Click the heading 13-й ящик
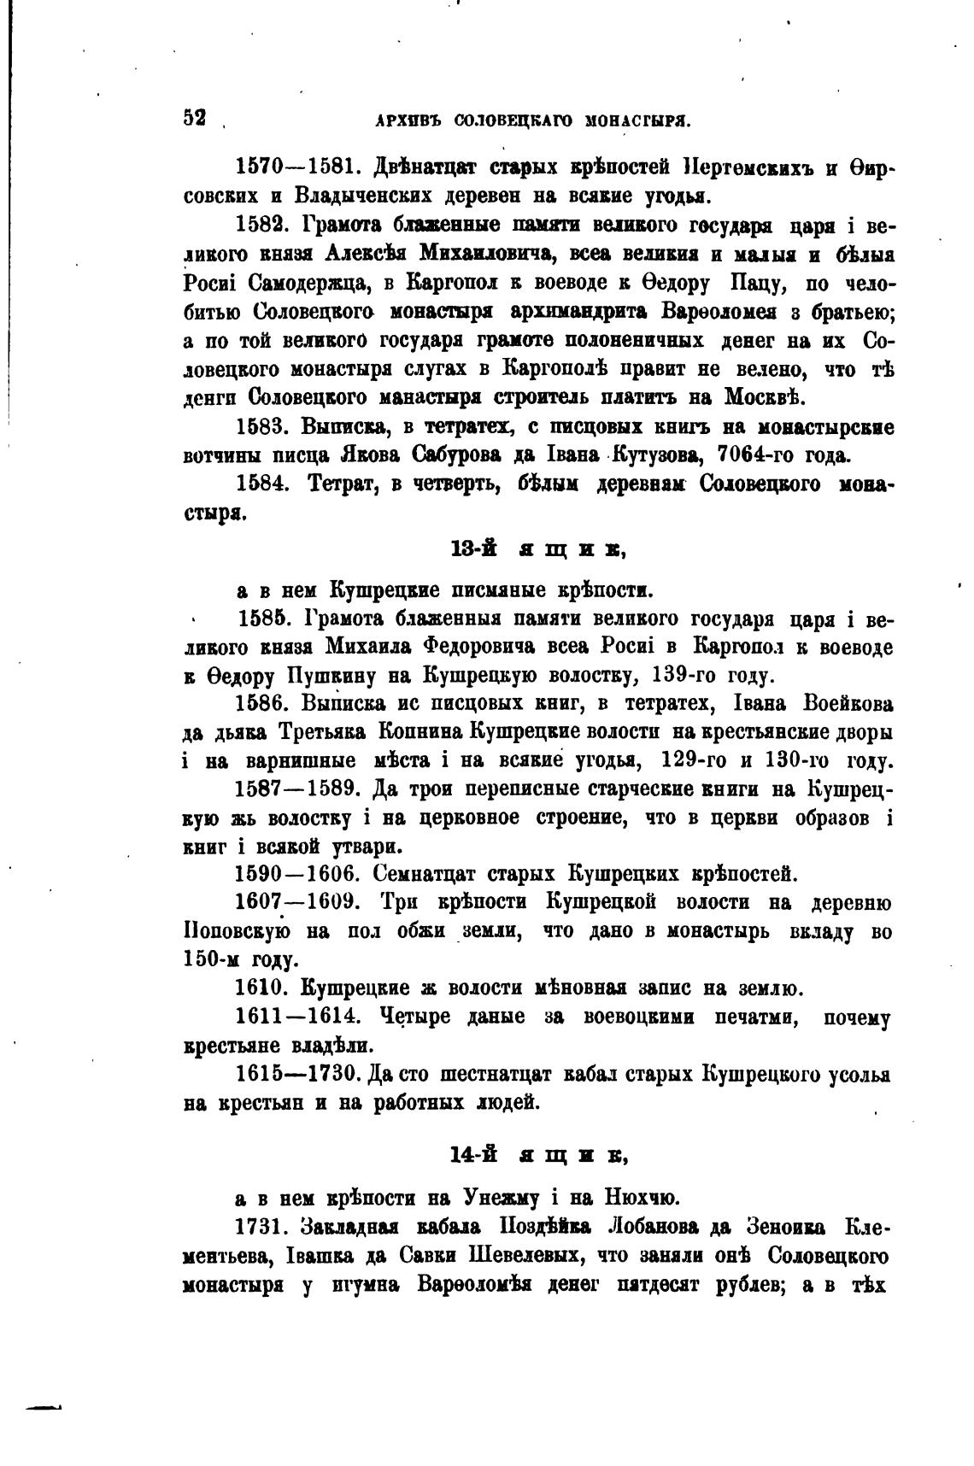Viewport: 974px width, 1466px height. click(x=538, y=550)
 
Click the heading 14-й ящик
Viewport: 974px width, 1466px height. click(x=538, y=1155)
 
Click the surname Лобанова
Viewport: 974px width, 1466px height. click(x=655, y=1227)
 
